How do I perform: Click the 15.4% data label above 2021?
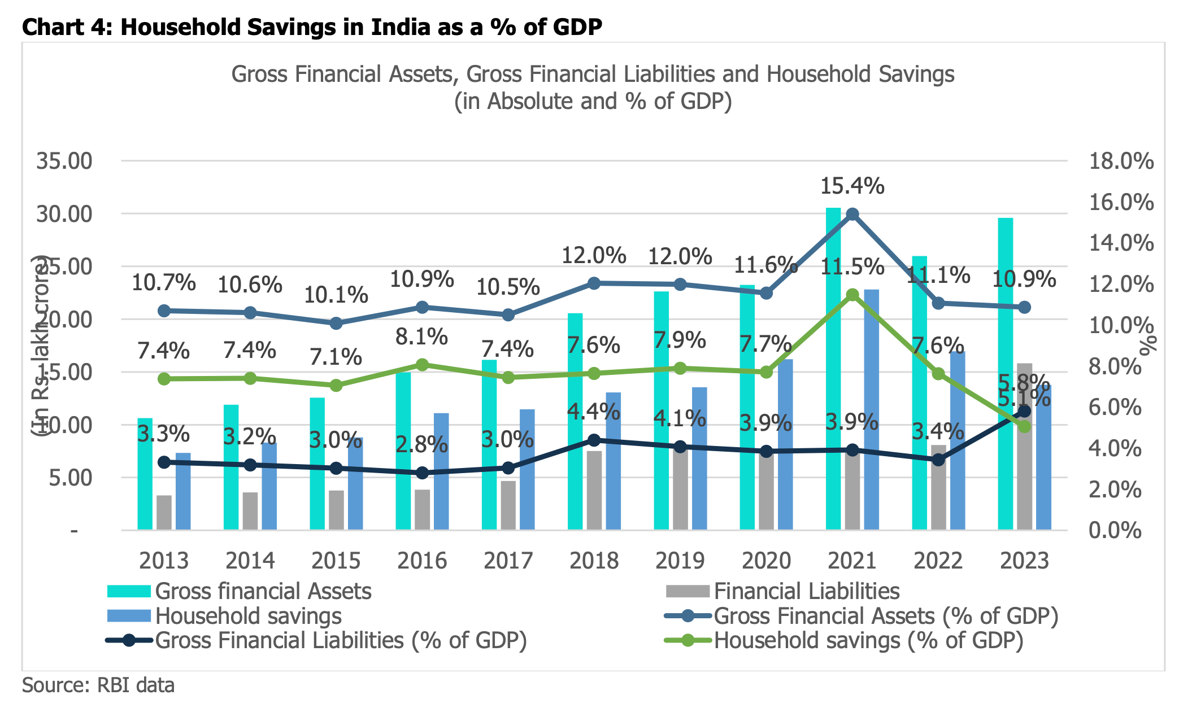tap(852, 186)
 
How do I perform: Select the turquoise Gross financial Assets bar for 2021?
tap(833, 367)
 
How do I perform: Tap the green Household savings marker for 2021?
tap(852, 295)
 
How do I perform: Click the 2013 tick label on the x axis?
tap(164, 561)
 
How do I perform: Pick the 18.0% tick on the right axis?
tap(1121, 161)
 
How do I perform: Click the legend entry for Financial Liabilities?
tap(806, 591)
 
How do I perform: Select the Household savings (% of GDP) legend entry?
tap(868, 640)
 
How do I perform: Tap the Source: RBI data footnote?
tap(98, 685)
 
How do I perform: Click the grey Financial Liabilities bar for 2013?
tap(164, 512)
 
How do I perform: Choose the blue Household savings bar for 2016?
tap(441, 471)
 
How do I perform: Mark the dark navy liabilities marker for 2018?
tap(594, 440)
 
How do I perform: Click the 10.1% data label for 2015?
tap(336, 295)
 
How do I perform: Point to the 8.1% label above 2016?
tap(421, 337)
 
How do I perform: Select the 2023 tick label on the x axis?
tap(1024, 561)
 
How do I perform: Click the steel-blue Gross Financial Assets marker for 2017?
tap(508, 315)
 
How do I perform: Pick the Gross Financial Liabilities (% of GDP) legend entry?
tap(341, 640)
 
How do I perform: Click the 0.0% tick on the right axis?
tap(1115, 531)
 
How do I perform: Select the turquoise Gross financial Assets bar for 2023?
tap(1005, 373)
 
